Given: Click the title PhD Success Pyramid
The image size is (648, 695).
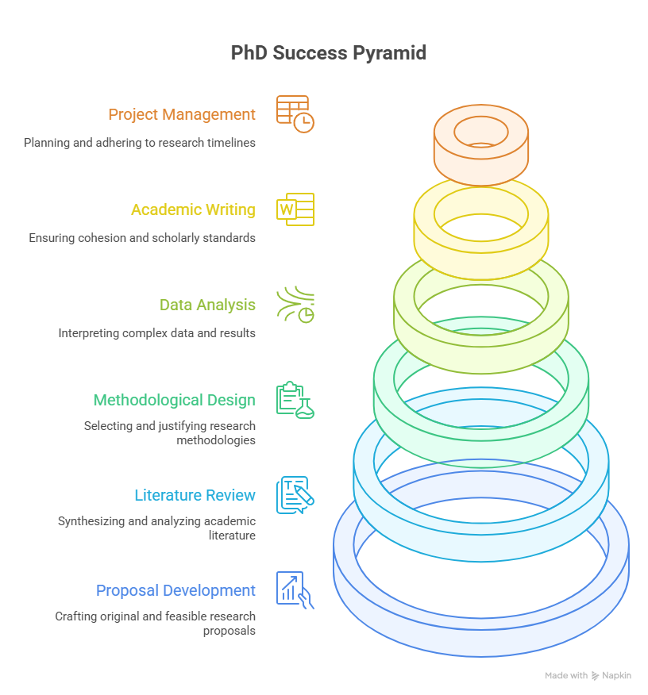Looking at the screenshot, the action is tap(328, 52).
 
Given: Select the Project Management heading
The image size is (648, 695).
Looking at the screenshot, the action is tap(182, 114).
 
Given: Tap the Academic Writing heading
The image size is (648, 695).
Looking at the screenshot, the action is tap(194, 209).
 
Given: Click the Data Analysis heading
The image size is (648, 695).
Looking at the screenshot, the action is tap(207, 305).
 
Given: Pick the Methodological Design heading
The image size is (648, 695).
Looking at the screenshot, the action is tap(174, 400).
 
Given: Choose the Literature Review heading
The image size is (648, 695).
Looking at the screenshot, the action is tap(195, 495).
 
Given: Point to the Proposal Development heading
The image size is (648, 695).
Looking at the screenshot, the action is tap(175, 590).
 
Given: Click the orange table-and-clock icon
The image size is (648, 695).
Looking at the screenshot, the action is tap(295, 114).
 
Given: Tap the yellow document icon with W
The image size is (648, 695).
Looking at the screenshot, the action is tap(295, 209).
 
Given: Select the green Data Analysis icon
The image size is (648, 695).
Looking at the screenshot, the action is tap(295, 305).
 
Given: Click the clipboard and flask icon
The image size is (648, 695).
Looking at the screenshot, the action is tap(295, 400).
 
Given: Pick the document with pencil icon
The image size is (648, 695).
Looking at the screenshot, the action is tap(295, 495).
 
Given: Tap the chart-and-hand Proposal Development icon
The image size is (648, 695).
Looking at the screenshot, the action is tap(295, 590).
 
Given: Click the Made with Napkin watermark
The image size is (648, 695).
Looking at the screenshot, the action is tap(588, 675).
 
